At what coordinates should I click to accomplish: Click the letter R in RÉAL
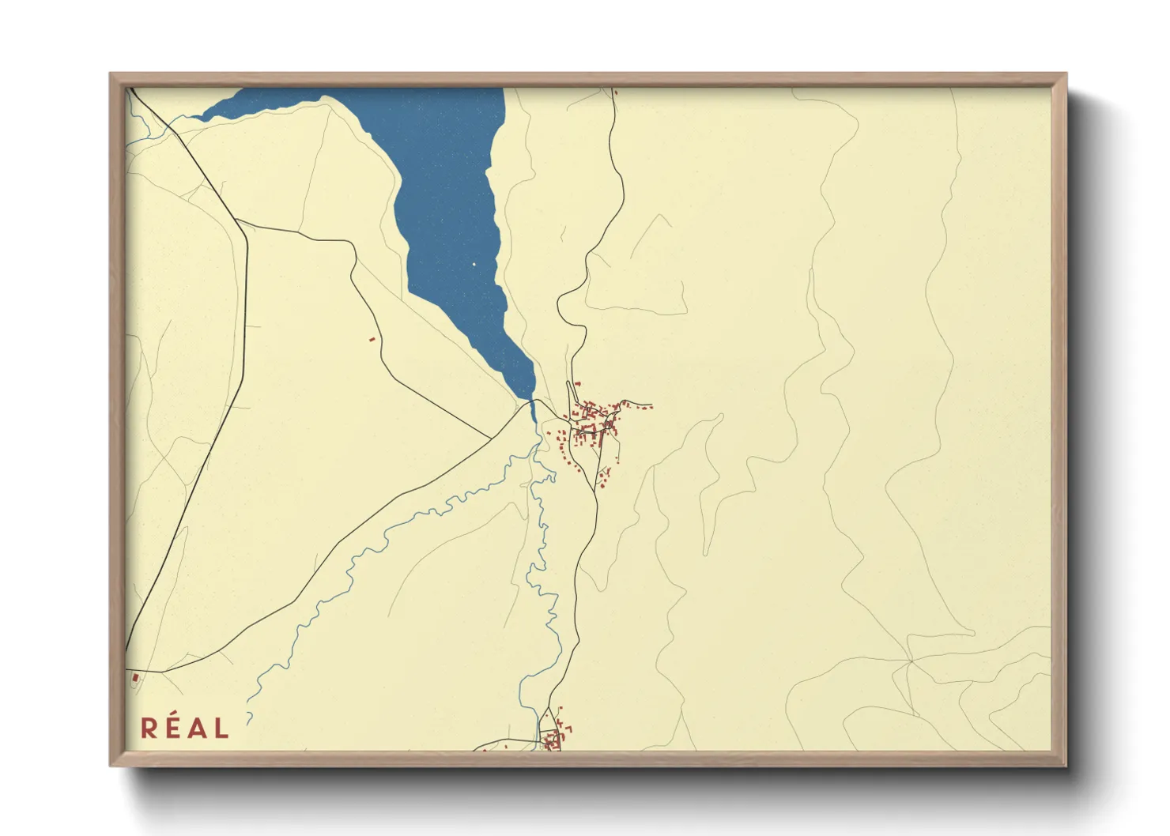point(148,728)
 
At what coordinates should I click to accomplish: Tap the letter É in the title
point(172,728)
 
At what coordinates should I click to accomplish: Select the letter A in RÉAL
point(196,728)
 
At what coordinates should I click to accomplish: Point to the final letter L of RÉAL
point(221,728)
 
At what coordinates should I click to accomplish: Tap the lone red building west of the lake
point(372,340)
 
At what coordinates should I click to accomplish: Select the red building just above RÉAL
point(135,677)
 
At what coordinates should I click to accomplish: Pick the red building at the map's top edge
point(615,92)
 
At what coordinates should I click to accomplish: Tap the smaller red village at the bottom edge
point(555,739)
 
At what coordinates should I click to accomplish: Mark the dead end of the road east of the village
point(651,408)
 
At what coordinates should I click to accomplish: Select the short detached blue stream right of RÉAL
point(249,717)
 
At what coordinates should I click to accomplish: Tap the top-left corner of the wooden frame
point(111,74)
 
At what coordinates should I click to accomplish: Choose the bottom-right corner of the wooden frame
point(1066,766)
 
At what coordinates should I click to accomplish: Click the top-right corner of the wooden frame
point(1066,74)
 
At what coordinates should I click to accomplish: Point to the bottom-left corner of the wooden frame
point(111,766)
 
